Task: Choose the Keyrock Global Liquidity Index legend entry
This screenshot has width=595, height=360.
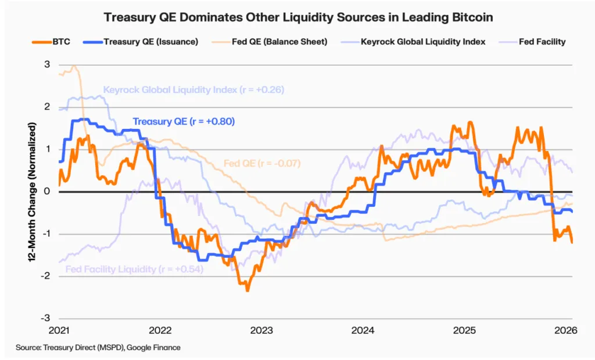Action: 416,41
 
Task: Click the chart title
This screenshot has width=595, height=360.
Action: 297,17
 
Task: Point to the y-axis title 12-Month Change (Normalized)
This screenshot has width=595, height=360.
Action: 33,192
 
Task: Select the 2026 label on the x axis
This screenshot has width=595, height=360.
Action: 565,330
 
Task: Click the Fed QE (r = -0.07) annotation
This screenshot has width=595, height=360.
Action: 261,163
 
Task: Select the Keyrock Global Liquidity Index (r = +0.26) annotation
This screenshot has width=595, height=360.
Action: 193,90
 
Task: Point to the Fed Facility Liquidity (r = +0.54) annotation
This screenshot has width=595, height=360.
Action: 134,269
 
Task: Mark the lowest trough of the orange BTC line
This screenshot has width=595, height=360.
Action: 248,290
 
